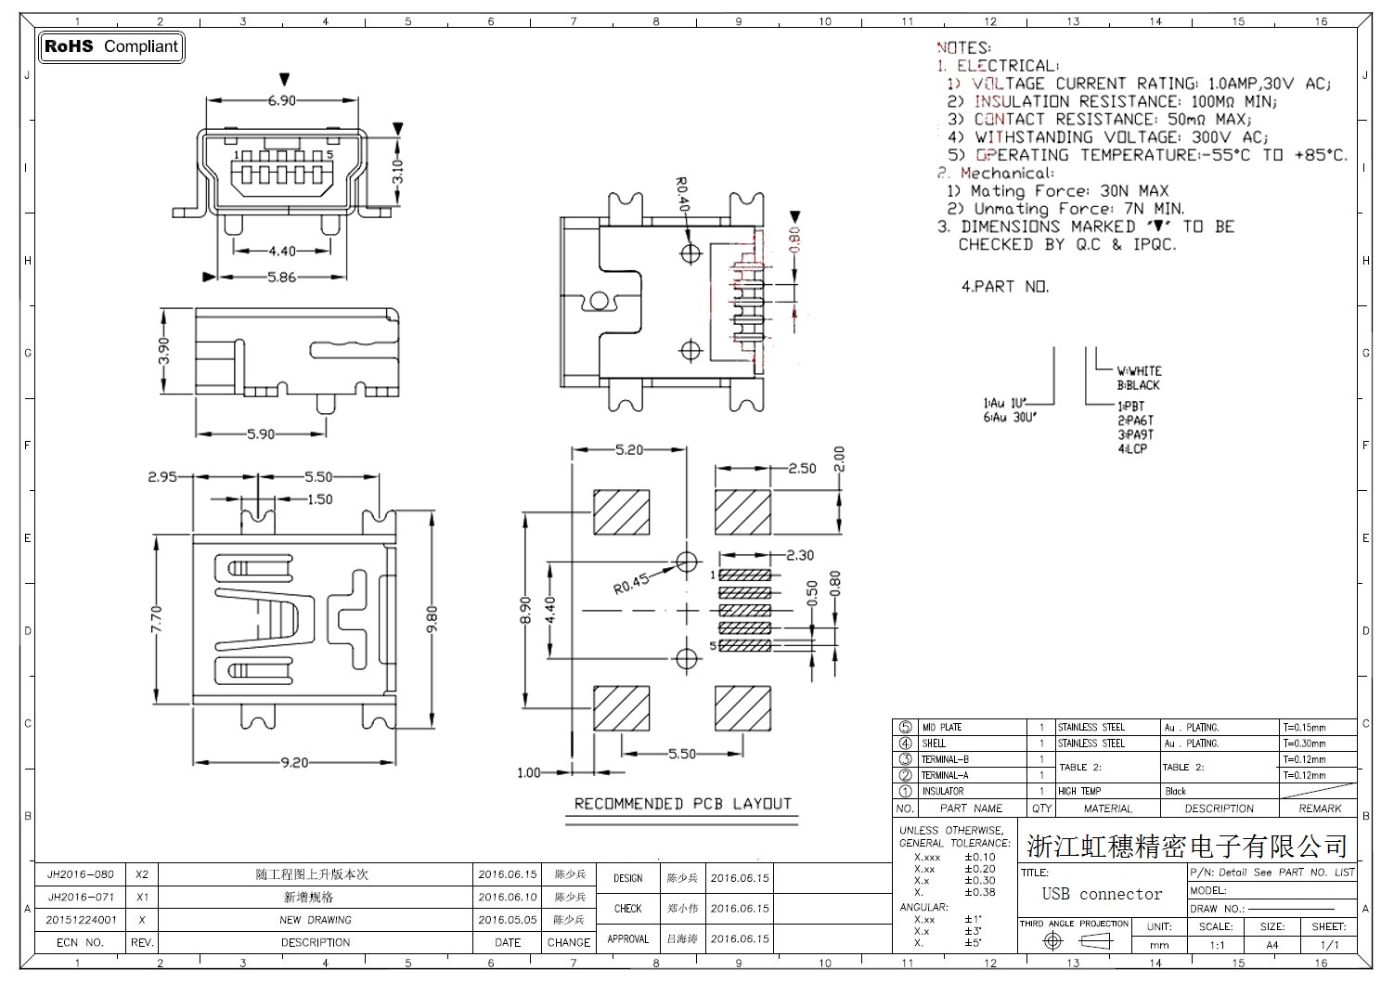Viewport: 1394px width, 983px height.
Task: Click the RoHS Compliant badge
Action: point(111,46)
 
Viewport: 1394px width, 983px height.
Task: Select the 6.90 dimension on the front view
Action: point(281,100)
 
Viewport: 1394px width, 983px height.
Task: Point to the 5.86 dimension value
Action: point(281,277)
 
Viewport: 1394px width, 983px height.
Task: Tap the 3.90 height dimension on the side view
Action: point(163,351)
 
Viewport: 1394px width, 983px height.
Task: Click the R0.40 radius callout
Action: point(683,194)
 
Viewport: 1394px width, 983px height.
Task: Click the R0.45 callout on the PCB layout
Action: point(631,585)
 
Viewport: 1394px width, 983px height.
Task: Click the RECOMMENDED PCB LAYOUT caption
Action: point(682,804)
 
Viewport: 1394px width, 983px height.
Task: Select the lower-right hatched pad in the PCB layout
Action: point(742,708)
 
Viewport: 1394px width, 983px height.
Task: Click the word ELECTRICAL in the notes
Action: point(1006,66)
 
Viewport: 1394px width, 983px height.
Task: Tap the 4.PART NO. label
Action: point(1004,287)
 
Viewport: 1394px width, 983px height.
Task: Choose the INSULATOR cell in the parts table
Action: point(942,792)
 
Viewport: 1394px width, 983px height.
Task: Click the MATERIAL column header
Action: point(1108,808)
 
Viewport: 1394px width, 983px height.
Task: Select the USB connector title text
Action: point(1102,894)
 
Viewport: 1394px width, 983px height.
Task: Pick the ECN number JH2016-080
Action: point(81,874)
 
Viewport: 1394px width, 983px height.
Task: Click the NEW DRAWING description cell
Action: point(316,920)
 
